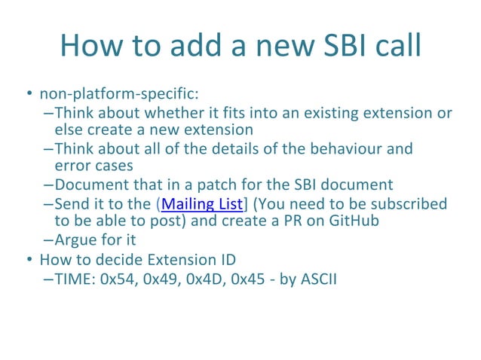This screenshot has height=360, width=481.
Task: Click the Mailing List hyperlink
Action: click(x=201, y=204)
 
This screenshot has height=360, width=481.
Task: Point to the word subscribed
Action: click(x=409, y=204)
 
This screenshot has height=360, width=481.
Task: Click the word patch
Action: click(x=216, y=185)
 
